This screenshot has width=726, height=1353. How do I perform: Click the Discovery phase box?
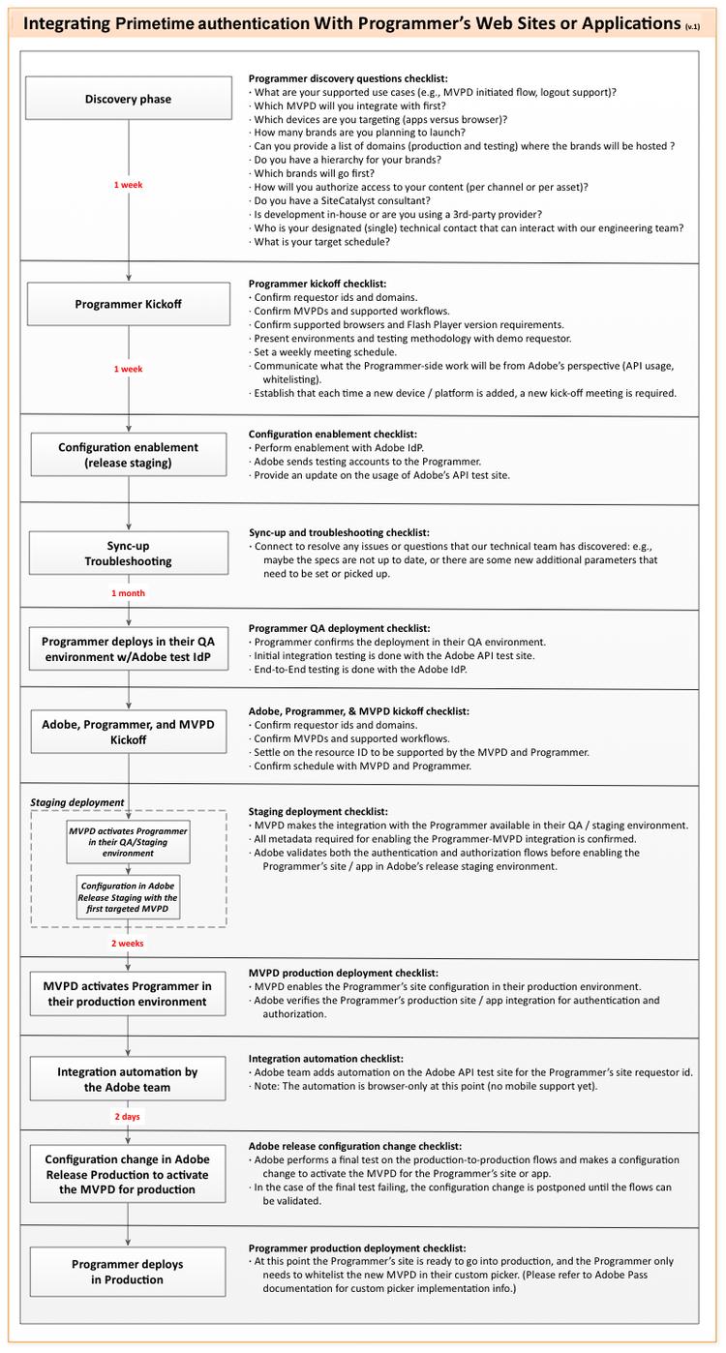click(x=128, y=99)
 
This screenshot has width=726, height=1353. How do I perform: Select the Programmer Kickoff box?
click(x=128, y=304)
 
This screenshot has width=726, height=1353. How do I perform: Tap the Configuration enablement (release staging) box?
click(x=128, y=455)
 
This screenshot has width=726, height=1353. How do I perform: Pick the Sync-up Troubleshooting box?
click(x=128, y=553)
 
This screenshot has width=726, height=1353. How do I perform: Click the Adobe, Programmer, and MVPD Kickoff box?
click(x=128, y=732)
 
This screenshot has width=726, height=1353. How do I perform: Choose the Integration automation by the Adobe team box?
click(x=128, y=1079)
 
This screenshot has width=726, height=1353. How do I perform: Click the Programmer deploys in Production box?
click(x=128, y=1271)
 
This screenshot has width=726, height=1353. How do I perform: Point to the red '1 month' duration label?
click(x=128, y=592)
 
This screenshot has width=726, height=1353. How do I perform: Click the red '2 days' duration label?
click(x=128, y=1116)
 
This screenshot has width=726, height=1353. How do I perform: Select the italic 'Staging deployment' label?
click(x=76, y=802)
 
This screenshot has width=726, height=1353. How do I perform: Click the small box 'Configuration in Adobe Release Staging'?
click(x=128, y=897)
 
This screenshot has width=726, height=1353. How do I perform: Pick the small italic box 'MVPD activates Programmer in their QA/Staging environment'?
click(x=128, y=842)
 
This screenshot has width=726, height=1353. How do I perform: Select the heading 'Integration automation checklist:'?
click(x=326, y=1059)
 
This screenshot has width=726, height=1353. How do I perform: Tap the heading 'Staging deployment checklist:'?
click(x=318, y=811)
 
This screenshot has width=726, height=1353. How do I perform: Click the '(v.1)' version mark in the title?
click(x=692, y=24)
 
